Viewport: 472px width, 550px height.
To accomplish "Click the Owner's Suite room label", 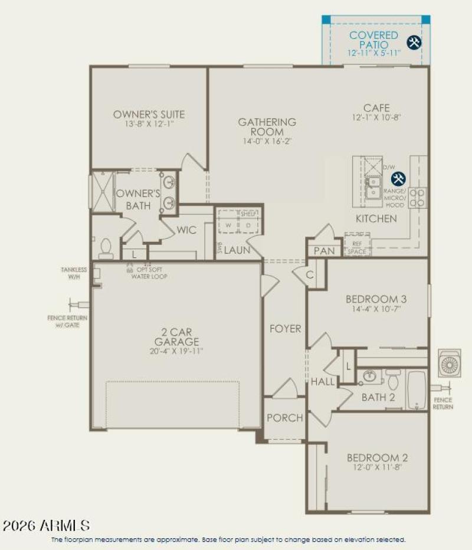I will (x=149, y=114).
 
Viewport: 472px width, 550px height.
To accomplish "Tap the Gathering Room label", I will (x=267, y=127).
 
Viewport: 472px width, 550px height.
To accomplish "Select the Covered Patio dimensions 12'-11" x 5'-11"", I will (x=373, y=53).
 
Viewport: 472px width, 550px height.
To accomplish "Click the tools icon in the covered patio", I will (x=414, y=42).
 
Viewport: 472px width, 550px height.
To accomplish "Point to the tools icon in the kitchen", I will (x=399, y=178).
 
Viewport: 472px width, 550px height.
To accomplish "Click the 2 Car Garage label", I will (x=176, y=337).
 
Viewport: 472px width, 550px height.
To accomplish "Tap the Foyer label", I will (x=286, y=329).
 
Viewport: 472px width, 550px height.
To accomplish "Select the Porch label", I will (x=285, y=418).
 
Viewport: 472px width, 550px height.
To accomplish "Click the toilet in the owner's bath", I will (x=106, y=248).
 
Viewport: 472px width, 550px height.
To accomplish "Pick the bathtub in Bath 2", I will (x=417, y=389).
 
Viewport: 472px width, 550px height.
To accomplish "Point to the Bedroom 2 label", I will (x=378, y=457).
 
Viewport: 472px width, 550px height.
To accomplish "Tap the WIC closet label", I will (x=186, y=230).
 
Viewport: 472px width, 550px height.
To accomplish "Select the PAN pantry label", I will (x=324, y=251).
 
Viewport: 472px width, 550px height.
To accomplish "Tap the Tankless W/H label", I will (x=74, y=273).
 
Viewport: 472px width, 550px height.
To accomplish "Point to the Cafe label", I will (x=376, y=108).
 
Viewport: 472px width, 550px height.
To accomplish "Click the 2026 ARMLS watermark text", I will (x=46, y=525).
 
